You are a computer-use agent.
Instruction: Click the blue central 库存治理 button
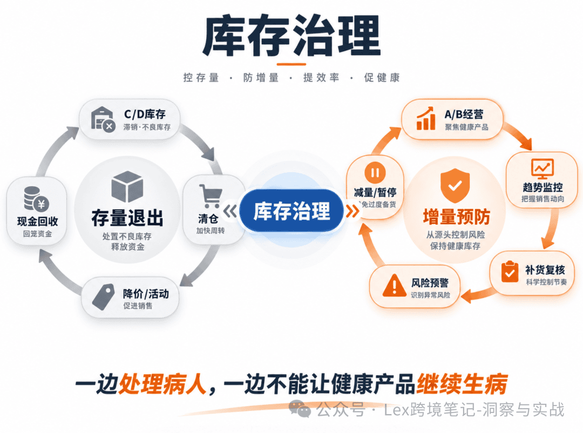291,211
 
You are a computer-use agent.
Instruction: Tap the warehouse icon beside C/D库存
102,119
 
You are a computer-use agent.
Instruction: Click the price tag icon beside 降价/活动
103,297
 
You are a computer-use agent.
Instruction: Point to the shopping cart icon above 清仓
211,195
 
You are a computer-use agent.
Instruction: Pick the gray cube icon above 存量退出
127,186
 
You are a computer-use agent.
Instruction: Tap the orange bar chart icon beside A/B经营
426,118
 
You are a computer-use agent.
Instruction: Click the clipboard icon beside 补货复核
510,272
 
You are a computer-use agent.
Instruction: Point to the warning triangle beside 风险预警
395,285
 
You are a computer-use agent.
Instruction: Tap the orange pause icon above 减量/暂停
375,173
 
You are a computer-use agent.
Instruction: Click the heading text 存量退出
127,218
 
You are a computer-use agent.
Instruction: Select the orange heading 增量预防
456,217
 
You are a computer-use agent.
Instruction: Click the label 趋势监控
543,187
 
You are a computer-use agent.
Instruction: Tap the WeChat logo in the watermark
300,409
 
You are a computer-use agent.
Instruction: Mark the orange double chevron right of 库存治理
352,211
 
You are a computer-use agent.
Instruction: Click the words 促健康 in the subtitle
382,77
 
